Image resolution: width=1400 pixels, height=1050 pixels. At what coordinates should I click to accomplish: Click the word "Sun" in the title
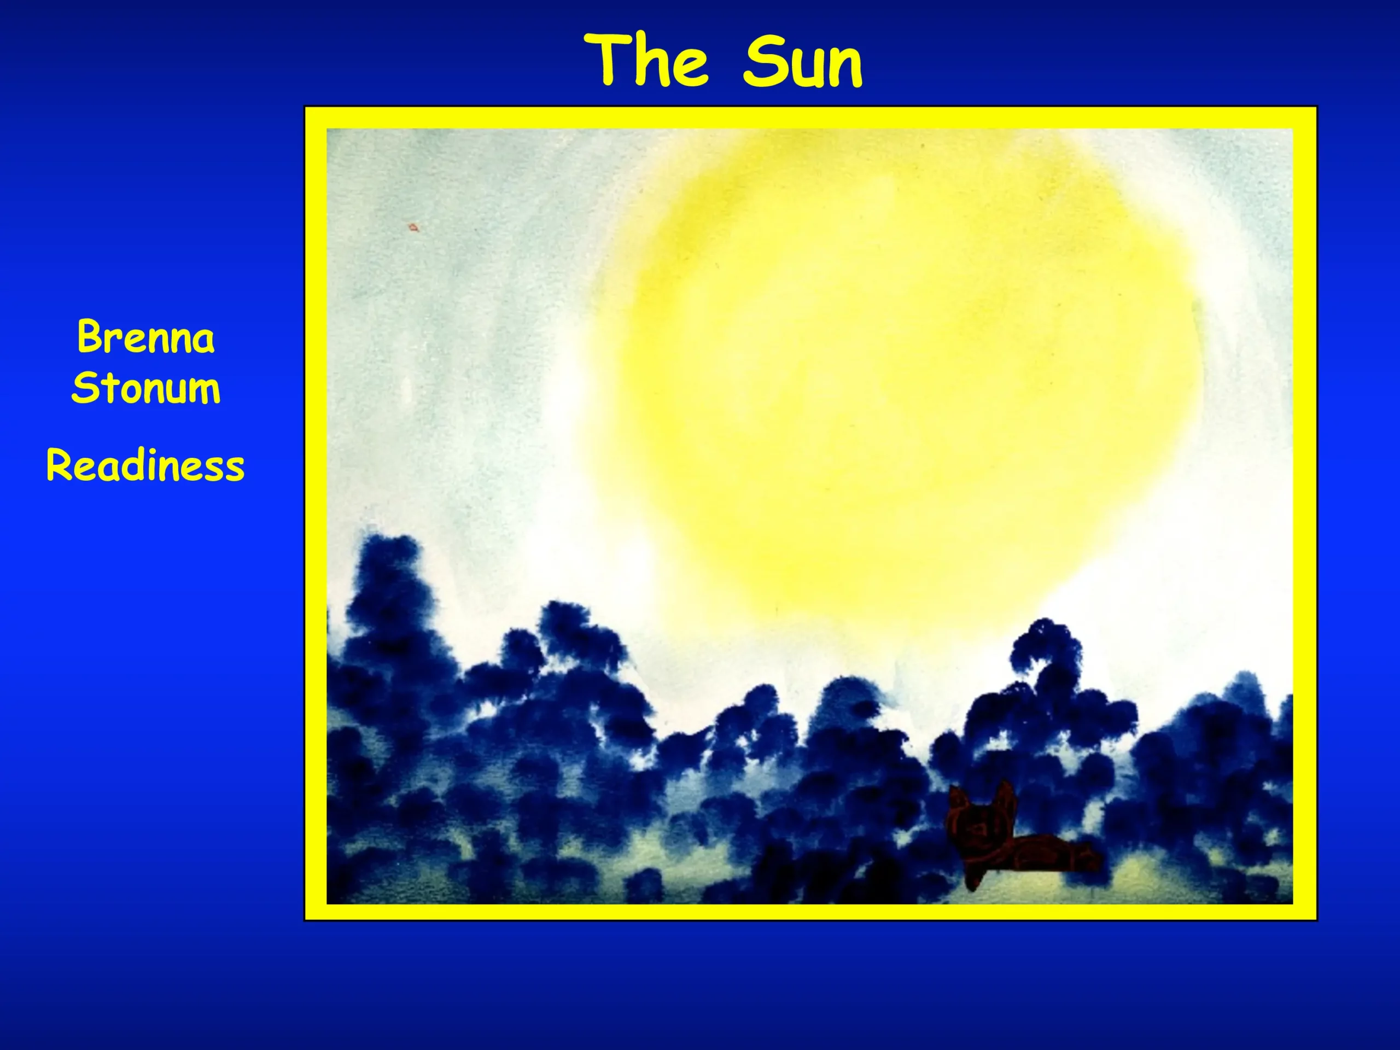802,61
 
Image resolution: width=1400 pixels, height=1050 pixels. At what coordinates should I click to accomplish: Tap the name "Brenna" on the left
145,337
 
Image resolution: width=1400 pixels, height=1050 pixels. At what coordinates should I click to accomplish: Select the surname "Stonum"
145,387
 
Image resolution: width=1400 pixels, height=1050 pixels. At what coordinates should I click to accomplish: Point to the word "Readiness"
145,465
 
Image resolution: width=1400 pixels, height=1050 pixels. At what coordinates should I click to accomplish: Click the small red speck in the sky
413,226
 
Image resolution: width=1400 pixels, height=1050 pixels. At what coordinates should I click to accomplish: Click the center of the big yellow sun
899,374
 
